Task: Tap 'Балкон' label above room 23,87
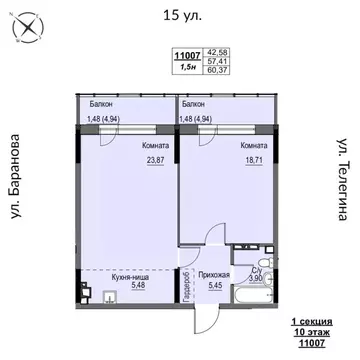(x=99, y=104)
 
